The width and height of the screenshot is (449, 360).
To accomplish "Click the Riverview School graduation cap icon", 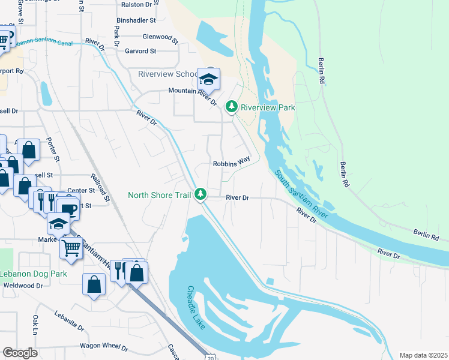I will (x=208, y=79).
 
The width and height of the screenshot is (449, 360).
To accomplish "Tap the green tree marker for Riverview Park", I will (x=232, y=107).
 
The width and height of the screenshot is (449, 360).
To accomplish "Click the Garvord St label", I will (x=140, y=52).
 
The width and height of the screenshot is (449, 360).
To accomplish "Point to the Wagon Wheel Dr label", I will (x=104, y=347).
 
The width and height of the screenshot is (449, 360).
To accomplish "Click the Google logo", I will (x=20, y=353).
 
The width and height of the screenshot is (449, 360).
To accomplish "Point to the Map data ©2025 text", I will (x=423, y=355).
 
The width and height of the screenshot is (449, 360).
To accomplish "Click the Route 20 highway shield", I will (x=208, y=357).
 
